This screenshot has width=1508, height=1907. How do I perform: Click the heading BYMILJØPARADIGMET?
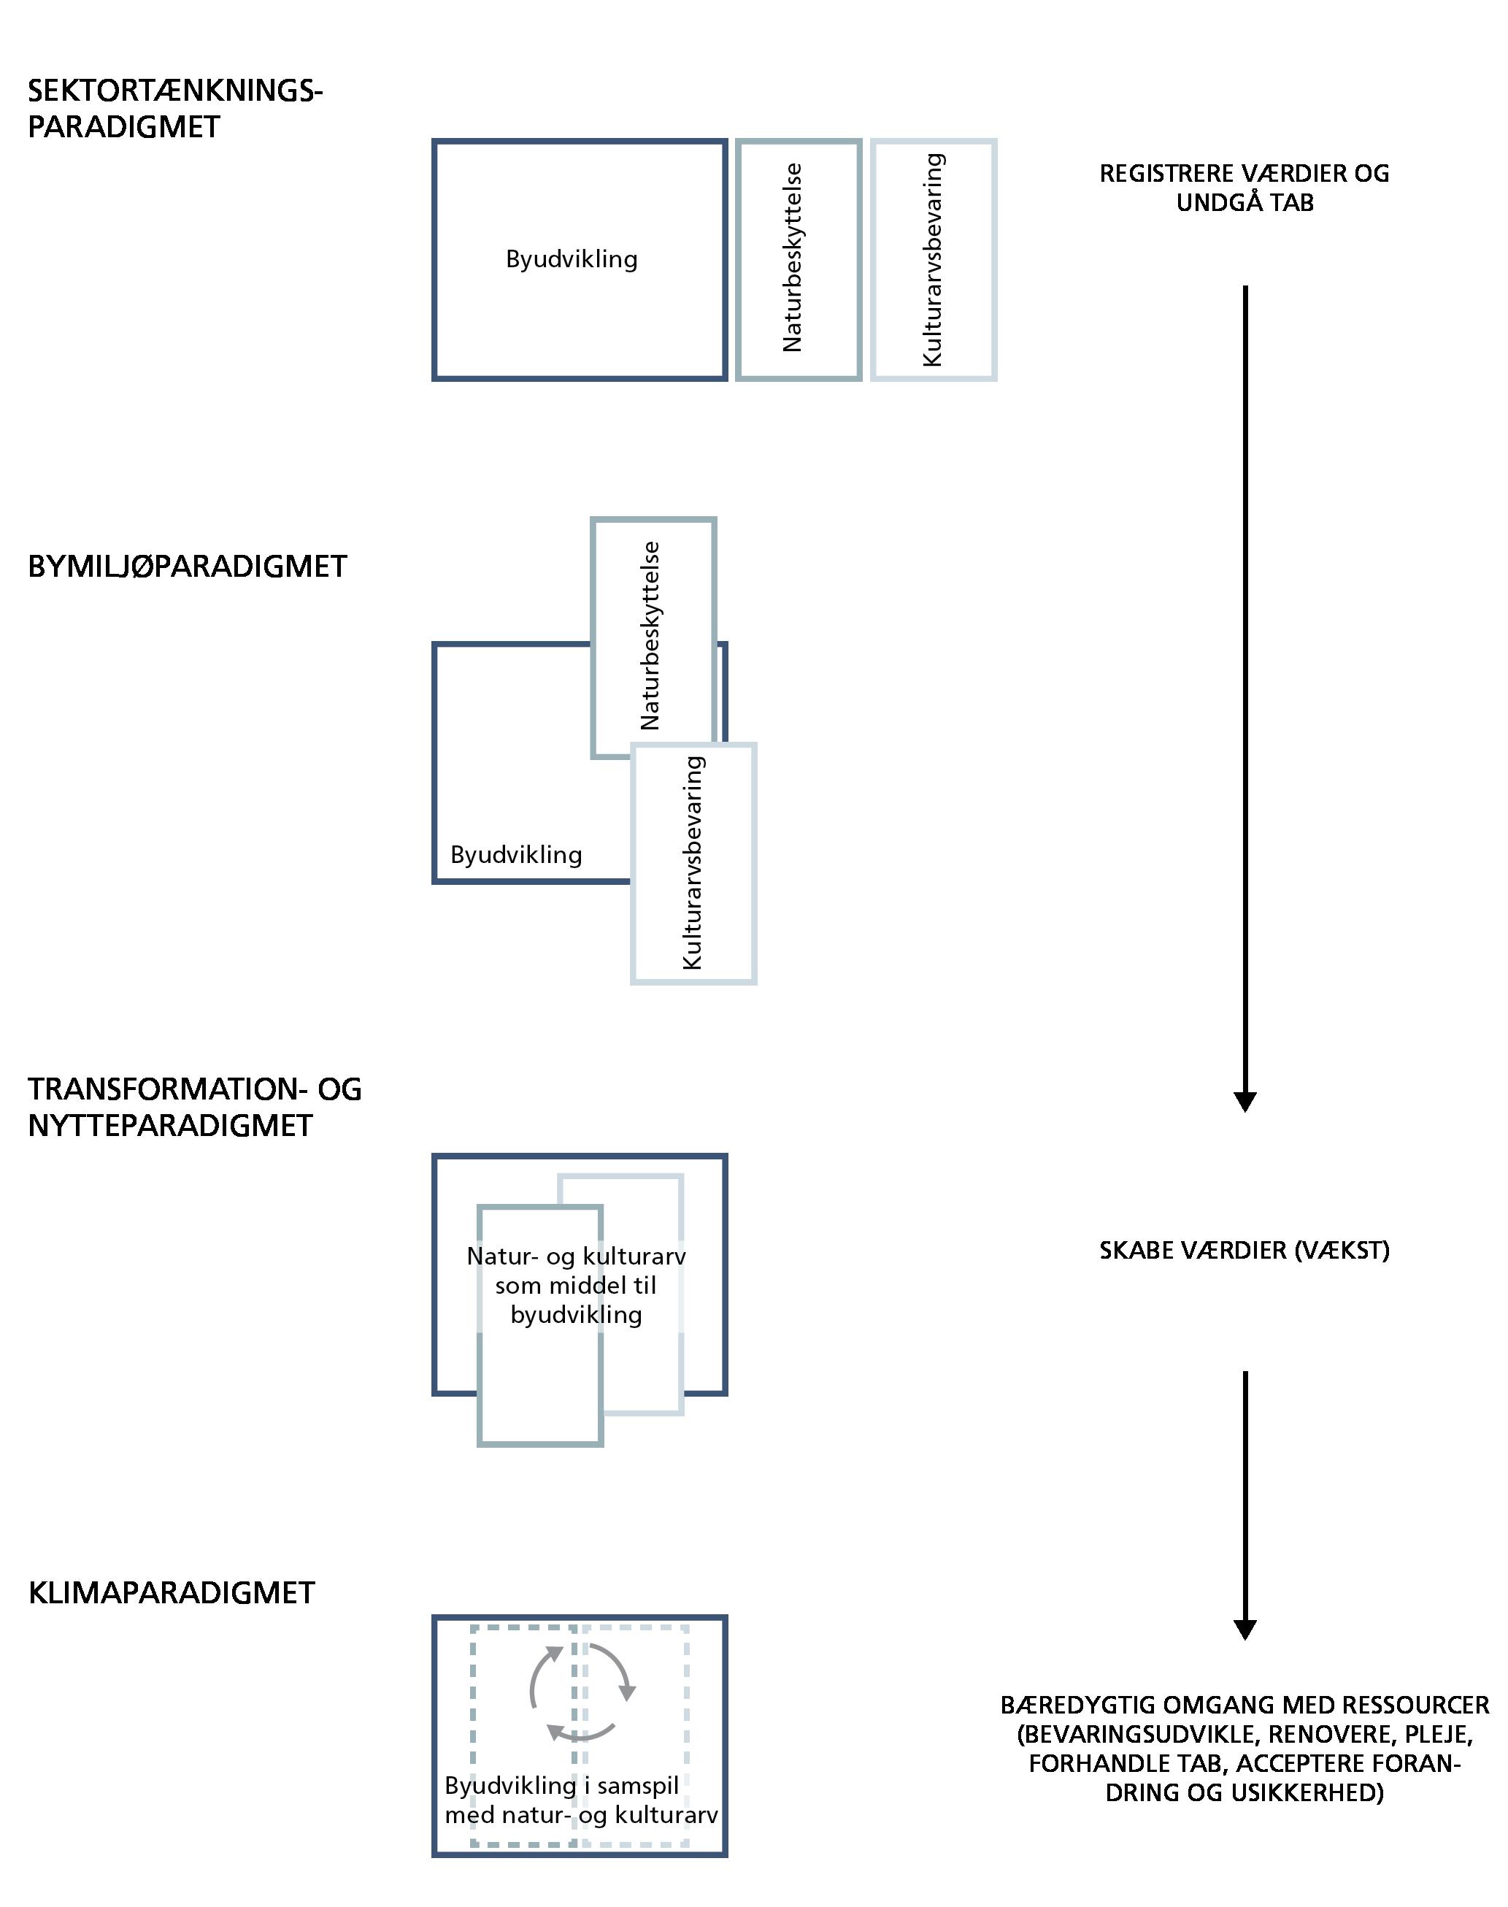187,566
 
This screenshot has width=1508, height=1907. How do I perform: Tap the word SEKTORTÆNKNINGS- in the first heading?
176,91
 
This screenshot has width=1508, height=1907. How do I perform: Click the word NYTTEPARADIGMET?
170,1126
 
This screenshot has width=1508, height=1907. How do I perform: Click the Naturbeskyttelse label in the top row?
793,258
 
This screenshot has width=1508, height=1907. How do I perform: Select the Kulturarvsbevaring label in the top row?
932,261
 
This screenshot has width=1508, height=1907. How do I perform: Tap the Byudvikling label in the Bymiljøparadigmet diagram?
515,855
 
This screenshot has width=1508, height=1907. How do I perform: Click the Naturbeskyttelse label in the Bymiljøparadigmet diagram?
650,636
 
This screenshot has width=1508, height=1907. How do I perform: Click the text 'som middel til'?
576,1286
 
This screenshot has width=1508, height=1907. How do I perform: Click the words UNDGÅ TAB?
1245,202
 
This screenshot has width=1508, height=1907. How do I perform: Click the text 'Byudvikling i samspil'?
561,1786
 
